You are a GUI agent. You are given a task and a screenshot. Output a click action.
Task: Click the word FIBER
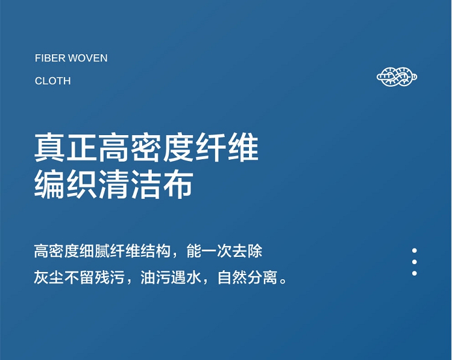[x=50, y=58]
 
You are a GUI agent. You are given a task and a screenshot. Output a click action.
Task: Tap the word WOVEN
[x=87, y=58]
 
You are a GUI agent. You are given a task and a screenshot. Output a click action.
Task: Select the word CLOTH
[x=53, y=81]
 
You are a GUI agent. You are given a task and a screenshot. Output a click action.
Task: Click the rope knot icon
[x=397, y=77]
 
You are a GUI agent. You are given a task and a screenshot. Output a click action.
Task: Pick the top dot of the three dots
[x=415, y=250]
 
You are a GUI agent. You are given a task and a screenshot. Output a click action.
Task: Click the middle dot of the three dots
[x=415, y=262]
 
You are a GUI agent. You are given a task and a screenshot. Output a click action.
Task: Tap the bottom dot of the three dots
[x=415, y=273]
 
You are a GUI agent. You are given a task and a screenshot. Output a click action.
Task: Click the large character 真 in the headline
[x=49, y=147]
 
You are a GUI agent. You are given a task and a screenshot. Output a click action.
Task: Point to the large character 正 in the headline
[x=81, y=147]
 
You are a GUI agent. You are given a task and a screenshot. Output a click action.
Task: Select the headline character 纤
[x=211, y=147]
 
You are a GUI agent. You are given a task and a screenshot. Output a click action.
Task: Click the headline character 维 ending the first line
[x=243, y=147]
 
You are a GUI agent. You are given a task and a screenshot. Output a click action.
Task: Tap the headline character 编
[x=49, y=184]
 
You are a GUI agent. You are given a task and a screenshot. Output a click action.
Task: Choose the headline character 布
[x=178, y=184]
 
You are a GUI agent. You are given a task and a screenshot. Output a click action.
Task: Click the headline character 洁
[x=146, y=184]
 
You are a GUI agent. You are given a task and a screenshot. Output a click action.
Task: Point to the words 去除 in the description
[x=247, y=251]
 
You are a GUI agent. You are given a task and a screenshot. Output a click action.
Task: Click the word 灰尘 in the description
[x=49, y=277]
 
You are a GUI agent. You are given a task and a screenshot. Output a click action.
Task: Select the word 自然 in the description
[x=232, y=277]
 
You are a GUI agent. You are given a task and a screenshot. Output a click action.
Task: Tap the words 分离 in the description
[x=262, y=277]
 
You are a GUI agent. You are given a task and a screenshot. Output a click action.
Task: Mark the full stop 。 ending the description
[x=283, y=280]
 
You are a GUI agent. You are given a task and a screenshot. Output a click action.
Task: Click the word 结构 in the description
[x=155, y=251]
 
